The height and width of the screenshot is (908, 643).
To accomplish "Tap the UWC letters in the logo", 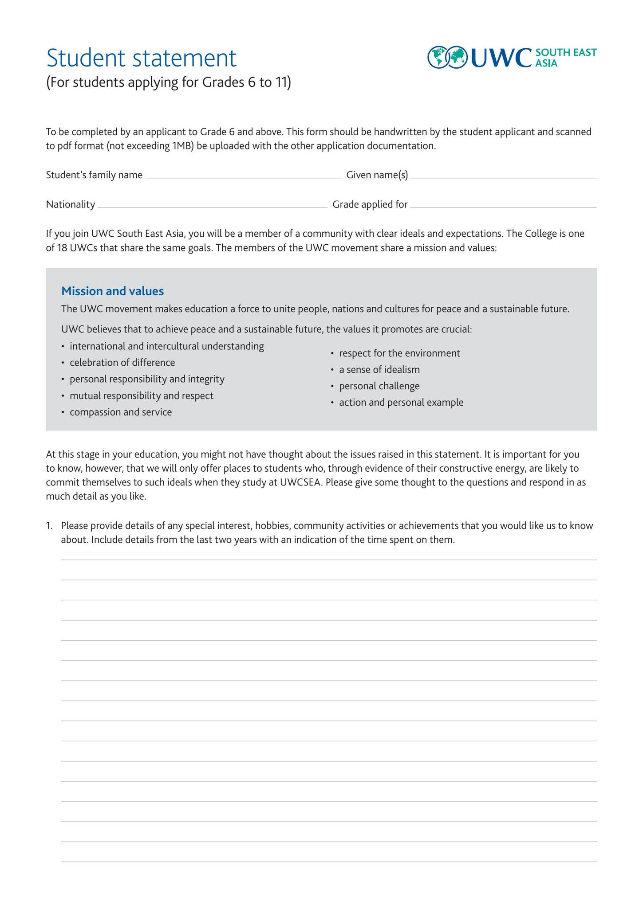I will (500, 58).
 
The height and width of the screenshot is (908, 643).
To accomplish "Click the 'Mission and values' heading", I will (112, 291).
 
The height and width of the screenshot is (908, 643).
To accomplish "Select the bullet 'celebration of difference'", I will (122, 363).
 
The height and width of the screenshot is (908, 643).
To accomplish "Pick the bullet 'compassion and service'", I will (120, 412).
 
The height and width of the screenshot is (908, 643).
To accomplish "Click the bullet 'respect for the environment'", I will (399, 353).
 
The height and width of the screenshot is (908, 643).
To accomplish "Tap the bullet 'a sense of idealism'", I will (379, 370).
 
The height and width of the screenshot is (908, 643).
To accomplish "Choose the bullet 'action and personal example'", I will (401, 403).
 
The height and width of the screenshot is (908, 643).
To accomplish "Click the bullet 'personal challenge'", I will (379, 386).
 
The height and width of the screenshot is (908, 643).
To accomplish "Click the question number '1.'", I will (49, 526).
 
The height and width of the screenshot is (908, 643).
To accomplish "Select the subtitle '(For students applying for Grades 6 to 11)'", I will (169, 83).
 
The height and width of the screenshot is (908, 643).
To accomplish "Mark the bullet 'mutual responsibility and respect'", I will (141, 396).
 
